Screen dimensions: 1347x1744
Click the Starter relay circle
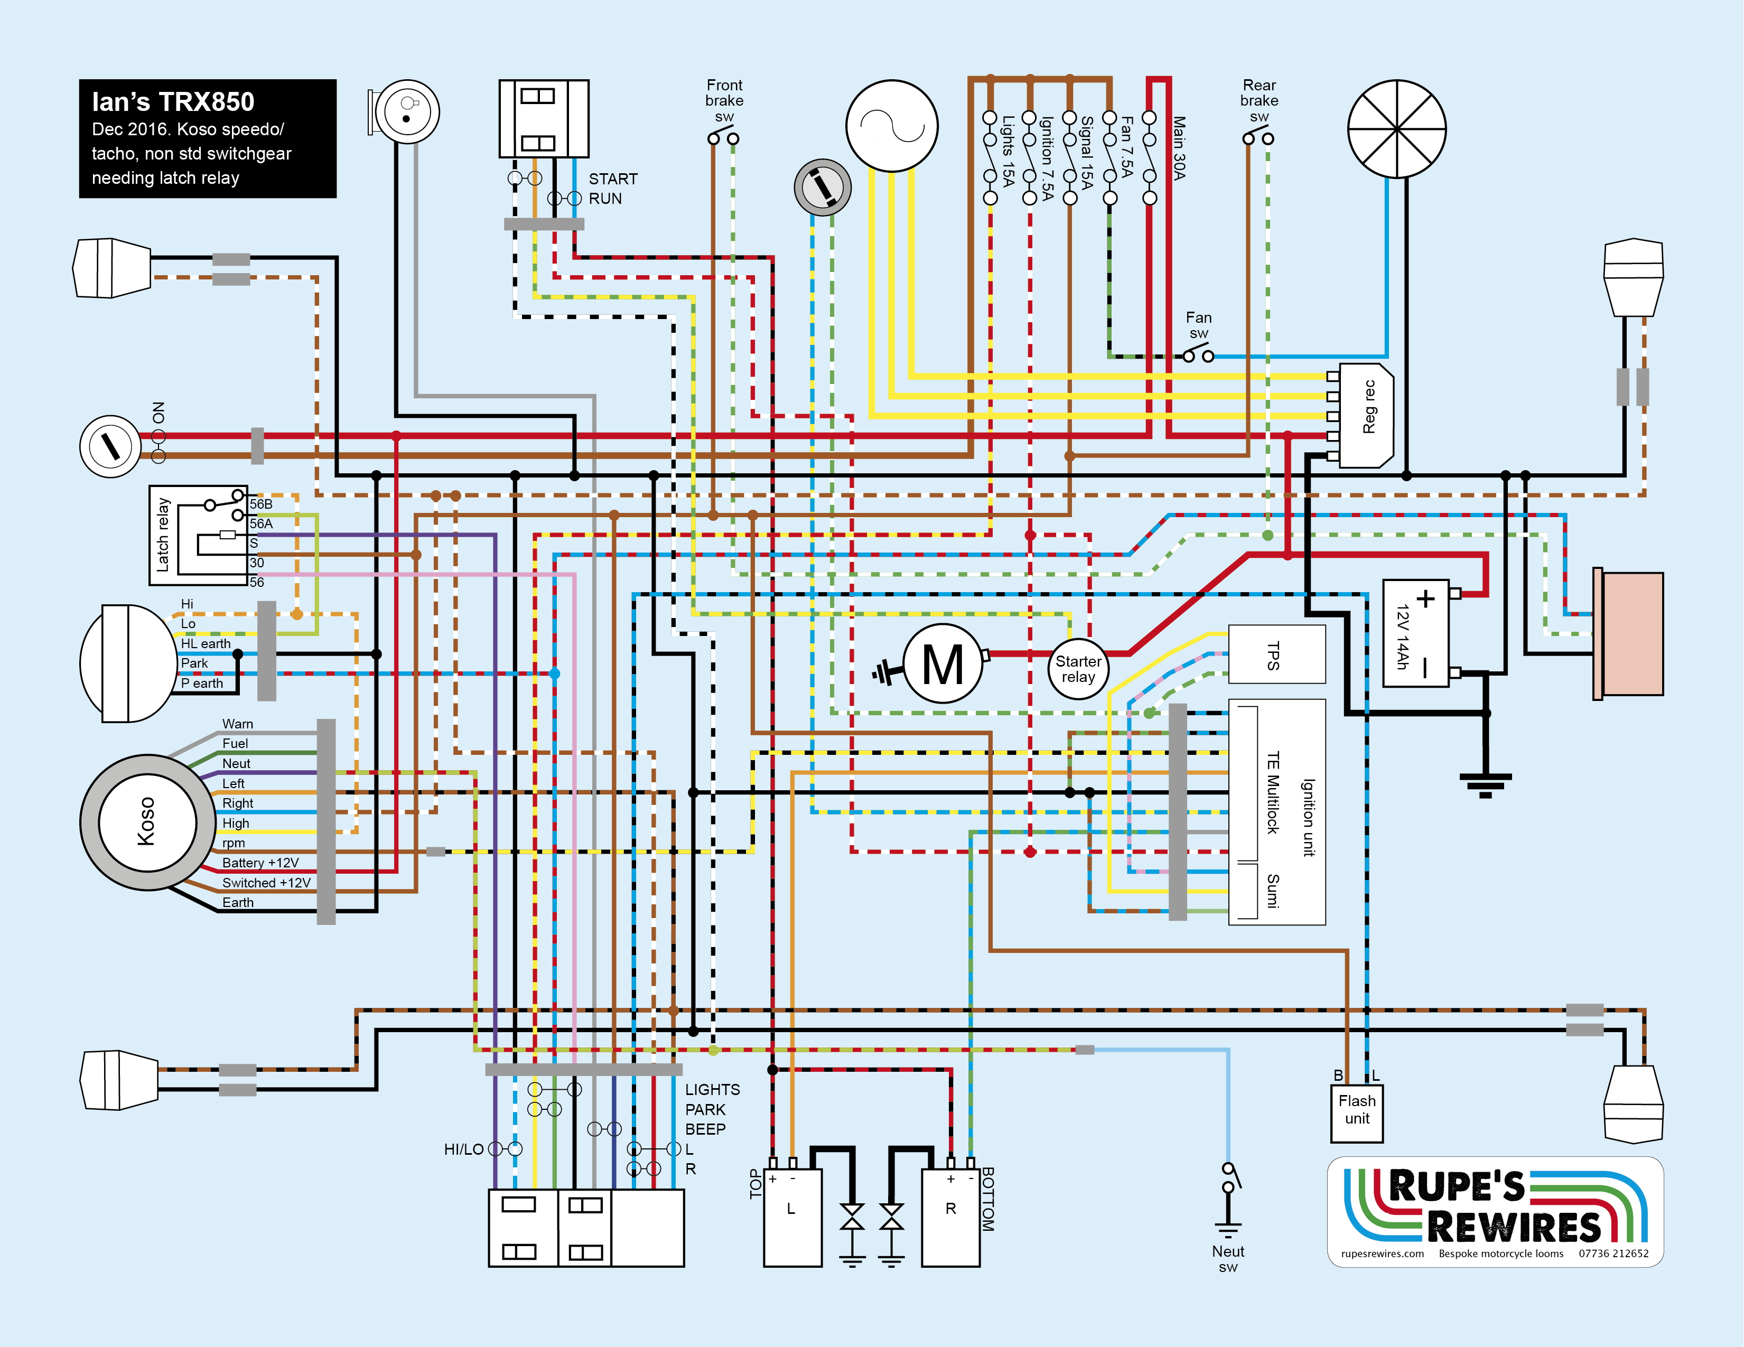[1078, 669]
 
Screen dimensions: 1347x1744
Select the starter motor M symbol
[943, 663]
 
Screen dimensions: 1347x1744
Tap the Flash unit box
[1357, 1111]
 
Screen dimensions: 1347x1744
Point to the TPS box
[1275, 654]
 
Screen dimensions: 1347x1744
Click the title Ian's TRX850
[173, 102]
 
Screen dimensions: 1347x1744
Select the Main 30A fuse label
[1179, 148]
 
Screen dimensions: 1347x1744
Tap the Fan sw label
[1199, 325]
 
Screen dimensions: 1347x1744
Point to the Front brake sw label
[724, 100]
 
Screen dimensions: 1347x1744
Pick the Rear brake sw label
[1260, 100]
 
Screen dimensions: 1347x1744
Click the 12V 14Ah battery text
[1402, 637]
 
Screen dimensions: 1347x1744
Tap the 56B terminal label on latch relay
[261, 504]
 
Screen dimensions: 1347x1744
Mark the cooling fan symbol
[1397, 128]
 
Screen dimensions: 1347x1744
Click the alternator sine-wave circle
[891, 125]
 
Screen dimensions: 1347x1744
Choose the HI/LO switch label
[463, 1149]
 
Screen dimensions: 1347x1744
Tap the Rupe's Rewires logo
[1495, 1211]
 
